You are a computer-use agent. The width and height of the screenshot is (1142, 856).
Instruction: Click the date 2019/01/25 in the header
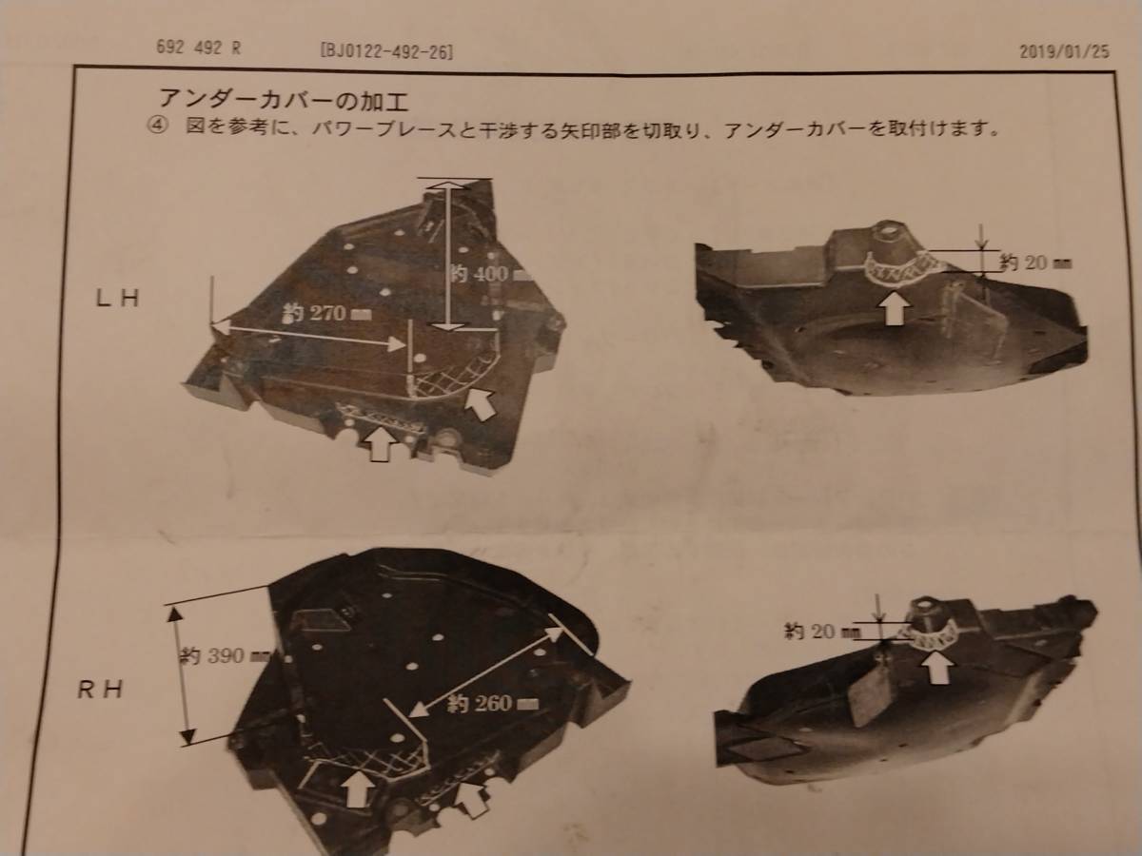pyautogui.click(x=1064, y=52)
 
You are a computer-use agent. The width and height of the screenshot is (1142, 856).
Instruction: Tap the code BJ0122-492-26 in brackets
pyautogui.click(x=387, y=51)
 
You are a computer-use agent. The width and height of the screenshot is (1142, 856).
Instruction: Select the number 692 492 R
pyautogui.click(x=198, y=49)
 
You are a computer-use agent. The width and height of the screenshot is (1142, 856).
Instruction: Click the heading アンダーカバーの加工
pyautogui.click(x=284, y=100)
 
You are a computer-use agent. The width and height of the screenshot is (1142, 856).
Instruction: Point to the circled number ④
pyautogui.click(x=156, y=127)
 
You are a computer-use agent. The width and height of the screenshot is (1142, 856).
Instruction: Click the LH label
pyautogui.click(x=118, y=299)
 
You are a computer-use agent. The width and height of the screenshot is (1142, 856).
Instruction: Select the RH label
pyautogui.click(x=100, y=690)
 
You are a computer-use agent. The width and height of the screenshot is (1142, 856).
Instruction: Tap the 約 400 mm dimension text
pyautogui.click(x=491, y=273)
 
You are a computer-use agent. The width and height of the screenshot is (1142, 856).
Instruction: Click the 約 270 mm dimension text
pyautogui.click(x=326, y=313)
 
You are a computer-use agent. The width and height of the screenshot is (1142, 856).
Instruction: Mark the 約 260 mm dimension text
pyautogui.click(x=492, y=704)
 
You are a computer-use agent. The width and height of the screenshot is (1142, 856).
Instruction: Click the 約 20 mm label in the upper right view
pyautogui.click(x=1035, y=263)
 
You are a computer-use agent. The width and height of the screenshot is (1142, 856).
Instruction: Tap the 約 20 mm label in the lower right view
pyautogui.click(x=821, y=632)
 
